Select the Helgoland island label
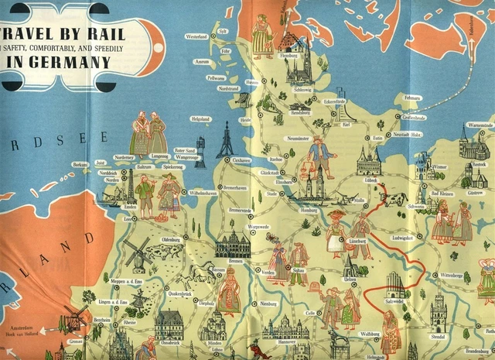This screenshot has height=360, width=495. pos(200,118)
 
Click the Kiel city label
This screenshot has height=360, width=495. pos(346,124)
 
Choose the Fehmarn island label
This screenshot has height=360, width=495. pos(411,98)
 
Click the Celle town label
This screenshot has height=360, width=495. pos(310,313)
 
